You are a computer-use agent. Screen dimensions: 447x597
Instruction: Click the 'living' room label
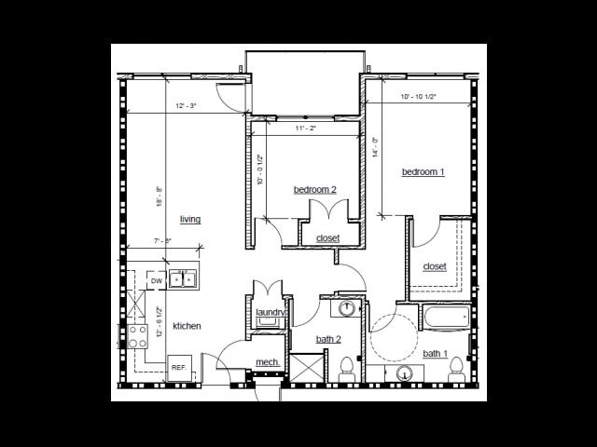click(190, 220)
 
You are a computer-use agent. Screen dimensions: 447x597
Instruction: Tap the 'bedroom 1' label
click(423, 171)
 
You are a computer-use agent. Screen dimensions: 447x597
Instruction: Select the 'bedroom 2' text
click(314, 190)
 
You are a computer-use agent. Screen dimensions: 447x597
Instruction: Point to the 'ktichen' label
click(187, 326)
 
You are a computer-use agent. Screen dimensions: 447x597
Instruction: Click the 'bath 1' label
click(435, 353)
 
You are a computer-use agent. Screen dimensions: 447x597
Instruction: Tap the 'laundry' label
click(271, 312)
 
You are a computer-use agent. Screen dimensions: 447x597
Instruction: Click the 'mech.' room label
click(268, 363)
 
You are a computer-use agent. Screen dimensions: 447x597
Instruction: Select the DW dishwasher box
click(156, 280)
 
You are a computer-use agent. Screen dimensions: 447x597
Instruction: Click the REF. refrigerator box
click(178, 368)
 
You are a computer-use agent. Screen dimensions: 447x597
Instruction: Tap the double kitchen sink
click(183, 278)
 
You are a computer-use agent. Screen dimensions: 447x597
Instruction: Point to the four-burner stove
click(138, 336)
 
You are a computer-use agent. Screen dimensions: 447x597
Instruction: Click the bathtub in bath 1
click(440, 318)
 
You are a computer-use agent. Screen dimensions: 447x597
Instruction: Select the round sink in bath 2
click(346, 308)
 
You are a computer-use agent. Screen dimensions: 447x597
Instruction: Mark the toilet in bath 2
click(346, 367)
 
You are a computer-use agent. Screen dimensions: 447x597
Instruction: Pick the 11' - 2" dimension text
click(306, 128)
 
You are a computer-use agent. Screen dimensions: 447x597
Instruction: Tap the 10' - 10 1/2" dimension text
click(419, 96)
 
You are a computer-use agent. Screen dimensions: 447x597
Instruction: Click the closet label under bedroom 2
click(327, 238)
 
